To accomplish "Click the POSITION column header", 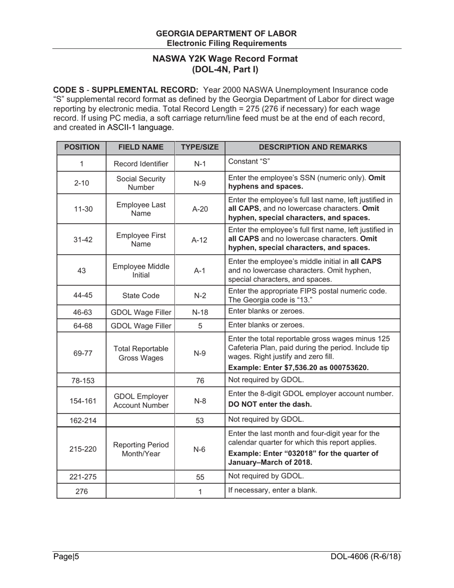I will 82,147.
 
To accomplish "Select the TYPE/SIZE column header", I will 200,147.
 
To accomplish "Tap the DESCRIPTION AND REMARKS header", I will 313,147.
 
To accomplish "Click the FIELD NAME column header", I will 141,147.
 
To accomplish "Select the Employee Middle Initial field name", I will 141,271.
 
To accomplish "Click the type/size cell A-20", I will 200,209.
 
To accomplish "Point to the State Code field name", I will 141,295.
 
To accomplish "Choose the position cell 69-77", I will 82,353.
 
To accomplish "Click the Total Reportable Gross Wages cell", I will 141,353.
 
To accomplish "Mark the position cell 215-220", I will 82,449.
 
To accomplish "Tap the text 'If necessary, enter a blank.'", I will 272,490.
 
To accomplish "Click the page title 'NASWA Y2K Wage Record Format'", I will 225,59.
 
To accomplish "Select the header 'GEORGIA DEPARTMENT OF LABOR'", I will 226,33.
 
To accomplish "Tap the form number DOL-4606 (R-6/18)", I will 365,556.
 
